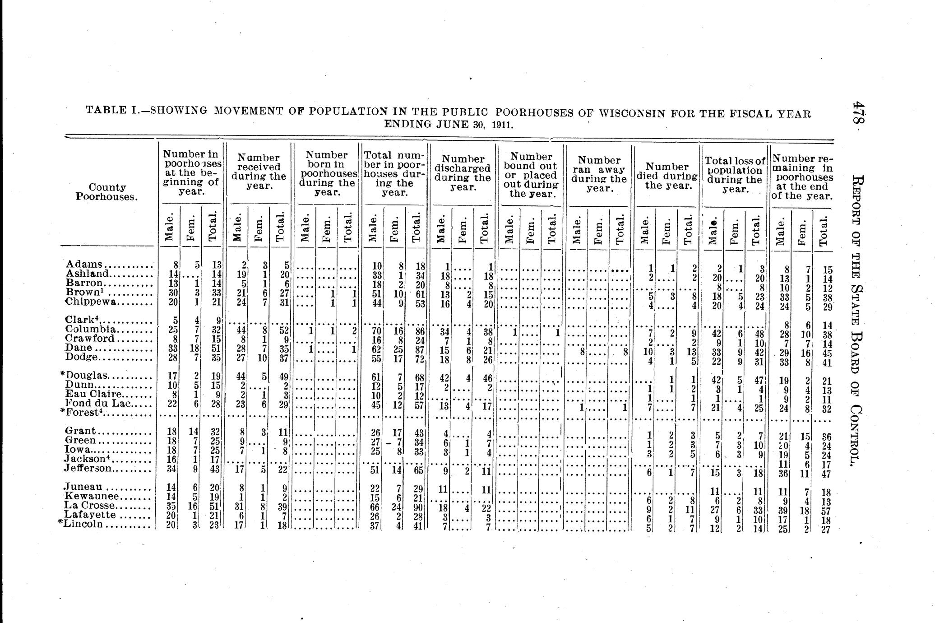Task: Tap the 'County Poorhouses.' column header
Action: (107, 192)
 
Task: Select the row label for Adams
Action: (85, 264)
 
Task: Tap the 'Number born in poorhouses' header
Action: (327, 174)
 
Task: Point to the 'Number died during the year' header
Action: (667, 176)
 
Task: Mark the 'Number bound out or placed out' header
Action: (531, 175)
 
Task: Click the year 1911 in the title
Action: (503, 124)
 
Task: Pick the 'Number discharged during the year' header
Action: (463, 173)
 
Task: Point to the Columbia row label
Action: (91, 329)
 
